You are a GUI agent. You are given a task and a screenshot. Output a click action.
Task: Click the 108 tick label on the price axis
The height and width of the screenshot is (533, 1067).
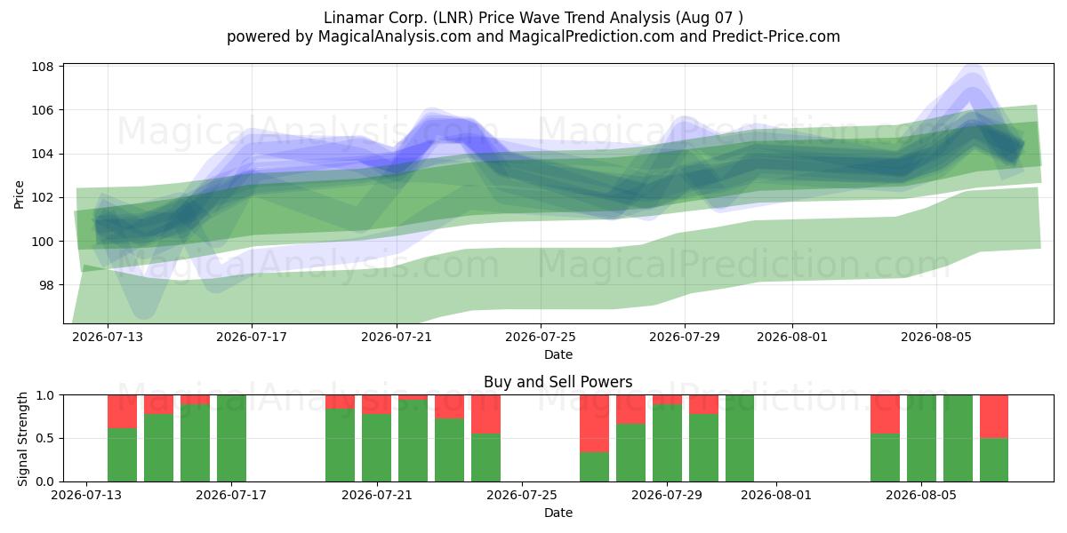[43, 66]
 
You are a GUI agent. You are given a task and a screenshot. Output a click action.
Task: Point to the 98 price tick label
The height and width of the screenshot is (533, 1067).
[45, 285]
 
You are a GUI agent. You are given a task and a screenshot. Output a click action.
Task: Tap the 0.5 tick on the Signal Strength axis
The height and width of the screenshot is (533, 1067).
[44, 438]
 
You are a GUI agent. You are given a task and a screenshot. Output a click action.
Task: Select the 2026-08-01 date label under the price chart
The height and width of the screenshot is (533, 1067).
[792, 337]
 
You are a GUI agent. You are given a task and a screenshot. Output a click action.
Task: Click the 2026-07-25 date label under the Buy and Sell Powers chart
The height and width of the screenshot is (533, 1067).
[522, 495]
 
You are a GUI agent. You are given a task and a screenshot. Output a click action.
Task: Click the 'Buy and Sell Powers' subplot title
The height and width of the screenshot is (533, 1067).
[558, 382]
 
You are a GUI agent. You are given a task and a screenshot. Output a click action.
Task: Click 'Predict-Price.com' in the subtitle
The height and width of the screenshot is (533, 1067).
[776, 36]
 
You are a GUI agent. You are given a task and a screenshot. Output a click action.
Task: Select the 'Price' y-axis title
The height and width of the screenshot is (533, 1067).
[19, 195]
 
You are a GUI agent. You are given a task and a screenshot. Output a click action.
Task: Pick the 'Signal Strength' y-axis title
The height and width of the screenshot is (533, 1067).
[22, 439]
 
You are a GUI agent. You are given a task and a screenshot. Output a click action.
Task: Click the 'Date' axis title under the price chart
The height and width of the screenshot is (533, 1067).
[558, 354]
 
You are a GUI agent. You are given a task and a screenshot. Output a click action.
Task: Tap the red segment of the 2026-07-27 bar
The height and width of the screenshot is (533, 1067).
[594, 424]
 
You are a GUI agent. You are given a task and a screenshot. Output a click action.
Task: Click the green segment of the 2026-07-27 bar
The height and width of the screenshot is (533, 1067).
[594, 467]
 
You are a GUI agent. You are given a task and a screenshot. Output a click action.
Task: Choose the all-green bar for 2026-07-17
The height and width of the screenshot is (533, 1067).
[231, 438]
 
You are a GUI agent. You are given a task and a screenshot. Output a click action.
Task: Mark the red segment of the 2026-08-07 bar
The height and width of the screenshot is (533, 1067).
[994, 417]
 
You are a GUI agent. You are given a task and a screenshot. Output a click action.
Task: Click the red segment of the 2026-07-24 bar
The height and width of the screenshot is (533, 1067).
[485, 414]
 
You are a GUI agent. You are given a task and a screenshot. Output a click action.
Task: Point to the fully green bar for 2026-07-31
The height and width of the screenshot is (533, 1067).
[740, 438]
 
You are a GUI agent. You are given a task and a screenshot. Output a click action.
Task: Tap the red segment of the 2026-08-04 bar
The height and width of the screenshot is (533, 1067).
[885, 414]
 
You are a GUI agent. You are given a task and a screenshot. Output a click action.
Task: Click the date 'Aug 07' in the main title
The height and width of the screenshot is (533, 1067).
[706, 18]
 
